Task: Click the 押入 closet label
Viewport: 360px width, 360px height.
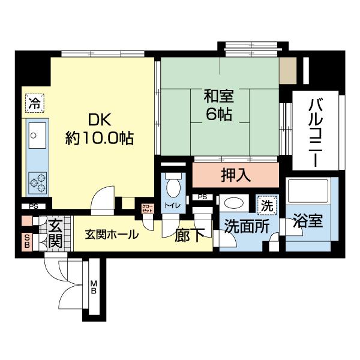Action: (236, 176)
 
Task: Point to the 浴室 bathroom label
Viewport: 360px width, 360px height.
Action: (308, 223)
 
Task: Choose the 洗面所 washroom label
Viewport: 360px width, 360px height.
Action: (242, 226)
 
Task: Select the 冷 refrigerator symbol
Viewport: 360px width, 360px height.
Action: (35, 103)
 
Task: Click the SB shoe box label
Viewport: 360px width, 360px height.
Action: (26, 241)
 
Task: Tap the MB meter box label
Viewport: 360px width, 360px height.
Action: (94, 287)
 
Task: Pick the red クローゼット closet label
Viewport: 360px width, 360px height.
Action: (147, 210)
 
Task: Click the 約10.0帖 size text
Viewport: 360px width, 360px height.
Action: (98, 139)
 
